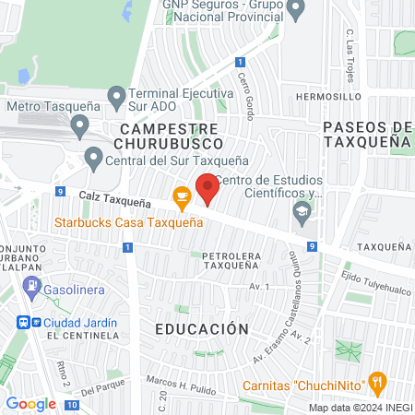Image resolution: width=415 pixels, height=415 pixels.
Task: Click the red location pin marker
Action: point(207,187)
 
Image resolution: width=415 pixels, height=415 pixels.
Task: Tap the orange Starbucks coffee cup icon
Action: point(182,196)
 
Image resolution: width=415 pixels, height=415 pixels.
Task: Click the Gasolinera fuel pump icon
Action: point(33,287)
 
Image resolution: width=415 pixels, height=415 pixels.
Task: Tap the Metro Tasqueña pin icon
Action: point(79,124)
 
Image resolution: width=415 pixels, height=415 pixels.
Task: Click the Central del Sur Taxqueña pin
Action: point(92,158)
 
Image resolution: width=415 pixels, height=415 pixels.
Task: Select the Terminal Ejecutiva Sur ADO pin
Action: point(116,96)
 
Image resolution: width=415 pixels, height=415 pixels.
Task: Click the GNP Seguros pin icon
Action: point(296,11)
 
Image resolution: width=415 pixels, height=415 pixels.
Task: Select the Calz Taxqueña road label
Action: point(114,198)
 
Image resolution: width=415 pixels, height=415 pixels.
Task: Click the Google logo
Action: point(30,403)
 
